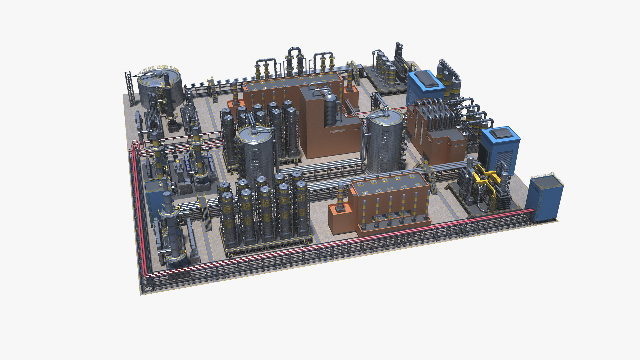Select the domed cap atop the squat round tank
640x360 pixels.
(159, 73)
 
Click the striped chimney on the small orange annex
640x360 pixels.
(340, 197)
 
